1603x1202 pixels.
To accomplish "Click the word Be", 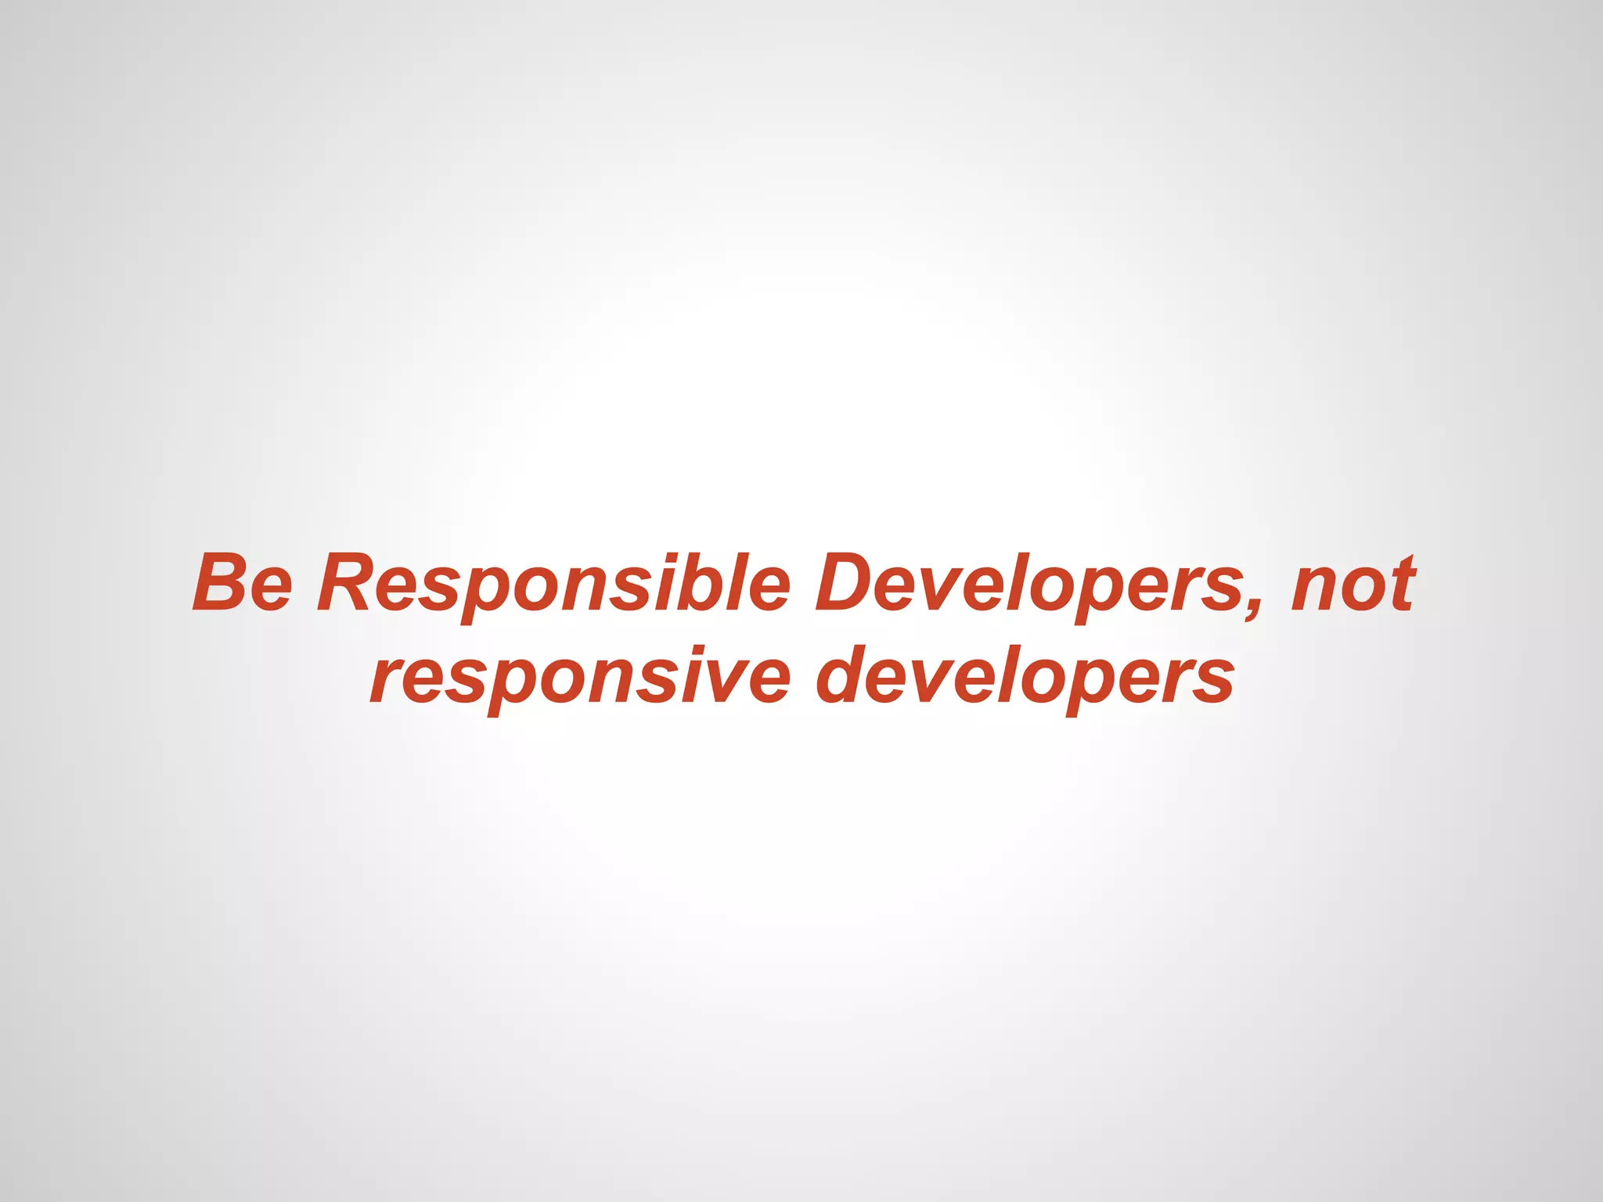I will [243, 583].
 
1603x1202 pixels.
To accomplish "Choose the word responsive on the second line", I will [580, 677].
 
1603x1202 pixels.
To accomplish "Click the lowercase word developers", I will [1025, 677].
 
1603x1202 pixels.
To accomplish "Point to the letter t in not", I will [1402, 583].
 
